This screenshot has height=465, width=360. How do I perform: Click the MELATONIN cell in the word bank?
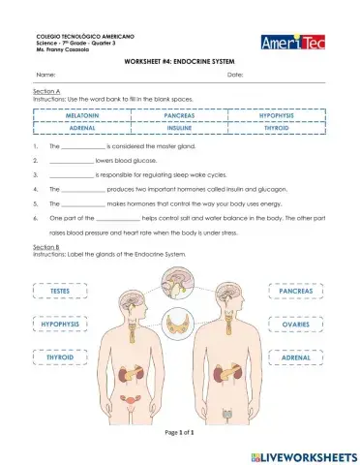(x=82, y=115)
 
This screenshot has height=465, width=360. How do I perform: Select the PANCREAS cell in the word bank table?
(x=180, y=115)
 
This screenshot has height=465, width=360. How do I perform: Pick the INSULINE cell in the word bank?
(x=180, y=128)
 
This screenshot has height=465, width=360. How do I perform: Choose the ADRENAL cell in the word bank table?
(x=82, y=128)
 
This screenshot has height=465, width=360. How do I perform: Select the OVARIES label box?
(x=295, y=325)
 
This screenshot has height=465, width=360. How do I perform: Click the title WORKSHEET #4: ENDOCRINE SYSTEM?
(x=180, y=60)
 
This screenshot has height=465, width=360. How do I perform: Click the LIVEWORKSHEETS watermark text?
(x=304, y=453)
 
